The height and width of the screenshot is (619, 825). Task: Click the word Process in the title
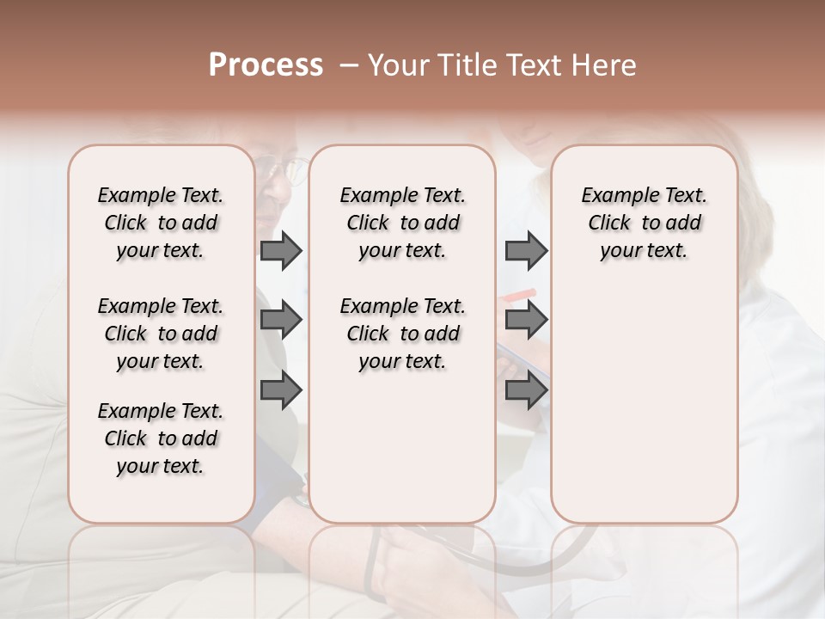click(x=266, y=64)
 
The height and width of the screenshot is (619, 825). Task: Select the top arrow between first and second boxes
click(x=281, y=250)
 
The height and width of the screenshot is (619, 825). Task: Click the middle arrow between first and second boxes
click(x=281, y=321)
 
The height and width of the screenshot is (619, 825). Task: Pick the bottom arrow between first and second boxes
click(x=281, y=390)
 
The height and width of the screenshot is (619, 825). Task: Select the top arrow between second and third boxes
click(x=526, y=250)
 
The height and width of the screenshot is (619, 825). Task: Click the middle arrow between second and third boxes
click(x=526, y=321)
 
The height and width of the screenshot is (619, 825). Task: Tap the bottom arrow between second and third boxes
click(x=526, y=390)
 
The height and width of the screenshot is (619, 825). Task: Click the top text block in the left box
click(x=161, y=223)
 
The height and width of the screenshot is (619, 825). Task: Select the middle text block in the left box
click(x=161, y=334)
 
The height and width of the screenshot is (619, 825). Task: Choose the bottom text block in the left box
click(x=161, y=438)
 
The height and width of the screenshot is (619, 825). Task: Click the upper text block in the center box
click(x=402, y=223)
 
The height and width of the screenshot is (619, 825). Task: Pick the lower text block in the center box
click(x=402, y=334)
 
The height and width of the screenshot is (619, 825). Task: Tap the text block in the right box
click(x=644, y=223)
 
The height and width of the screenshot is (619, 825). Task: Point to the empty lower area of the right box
click(x=644, y=404)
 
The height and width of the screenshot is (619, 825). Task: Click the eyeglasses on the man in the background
click(x=287, y=169)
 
